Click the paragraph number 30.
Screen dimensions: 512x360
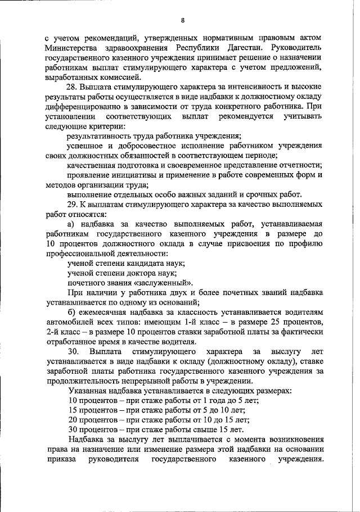[x=73, y=352]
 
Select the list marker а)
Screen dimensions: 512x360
[x=71, y=224]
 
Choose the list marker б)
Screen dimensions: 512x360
[x=71, y=312]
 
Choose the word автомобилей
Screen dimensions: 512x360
[x=71, y=322]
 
